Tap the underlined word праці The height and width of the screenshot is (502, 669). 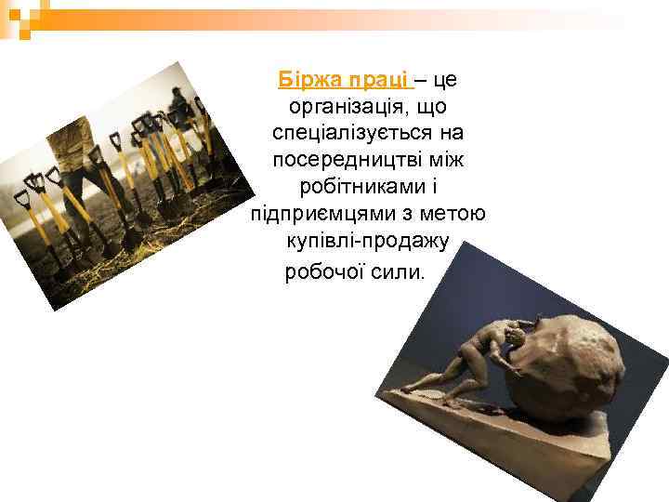(x=379, y=80)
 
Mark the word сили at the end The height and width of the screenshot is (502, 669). (x=399, y=271)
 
